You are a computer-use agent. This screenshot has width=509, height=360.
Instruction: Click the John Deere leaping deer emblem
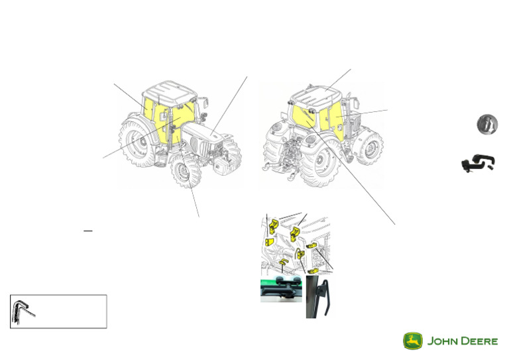point(413,341)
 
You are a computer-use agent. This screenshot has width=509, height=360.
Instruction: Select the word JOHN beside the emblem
point(441,341)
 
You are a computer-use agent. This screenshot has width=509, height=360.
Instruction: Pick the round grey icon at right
point(486,124)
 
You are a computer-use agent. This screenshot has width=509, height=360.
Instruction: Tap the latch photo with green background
point(281,290)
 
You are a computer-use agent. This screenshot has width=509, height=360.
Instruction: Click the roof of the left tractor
point(167,90)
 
